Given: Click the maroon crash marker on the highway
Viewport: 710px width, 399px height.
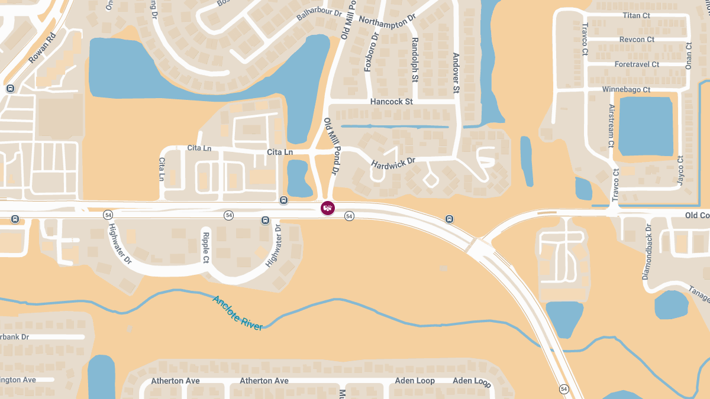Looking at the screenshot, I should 327,207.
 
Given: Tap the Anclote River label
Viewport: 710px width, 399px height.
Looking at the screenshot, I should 237,313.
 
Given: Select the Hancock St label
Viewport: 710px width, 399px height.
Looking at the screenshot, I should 391,102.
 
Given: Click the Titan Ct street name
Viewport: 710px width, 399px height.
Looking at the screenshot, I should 636,15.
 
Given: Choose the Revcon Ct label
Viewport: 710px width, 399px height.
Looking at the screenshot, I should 637,40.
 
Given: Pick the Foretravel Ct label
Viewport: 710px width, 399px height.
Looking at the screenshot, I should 637,64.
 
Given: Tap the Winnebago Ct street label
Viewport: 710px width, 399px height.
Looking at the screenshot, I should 626,89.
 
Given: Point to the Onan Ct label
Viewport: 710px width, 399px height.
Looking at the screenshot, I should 688,56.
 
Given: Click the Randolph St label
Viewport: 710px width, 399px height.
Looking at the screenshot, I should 415,60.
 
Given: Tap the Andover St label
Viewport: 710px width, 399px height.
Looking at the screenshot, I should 456,73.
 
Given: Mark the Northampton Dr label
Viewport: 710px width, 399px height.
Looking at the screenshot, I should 388,22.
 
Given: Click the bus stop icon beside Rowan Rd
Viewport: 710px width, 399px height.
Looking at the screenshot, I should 10,89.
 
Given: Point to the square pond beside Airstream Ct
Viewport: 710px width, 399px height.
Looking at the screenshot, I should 646,125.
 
